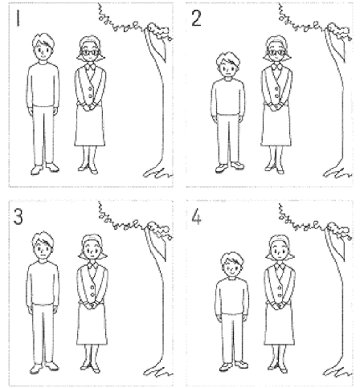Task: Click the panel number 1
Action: click(18, 18)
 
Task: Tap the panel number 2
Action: click(196, 18)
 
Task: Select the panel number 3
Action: click(18, 216)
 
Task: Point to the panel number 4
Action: click(196, 217)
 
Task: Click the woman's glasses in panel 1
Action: click(91, 52)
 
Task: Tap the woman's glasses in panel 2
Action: click(276, 52)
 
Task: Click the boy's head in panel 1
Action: click(43, 47)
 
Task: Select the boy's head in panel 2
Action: click(227, 65)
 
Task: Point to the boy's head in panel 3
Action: click(43, 246)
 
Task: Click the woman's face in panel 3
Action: click(92, 252)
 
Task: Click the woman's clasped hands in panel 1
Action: click(88, 108)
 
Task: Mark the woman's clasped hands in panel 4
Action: click(279, 305)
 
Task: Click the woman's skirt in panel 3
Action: click(92, 324)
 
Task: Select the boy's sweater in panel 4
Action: click(232, 296)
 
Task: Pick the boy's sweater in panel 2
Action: click(227, 98)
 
